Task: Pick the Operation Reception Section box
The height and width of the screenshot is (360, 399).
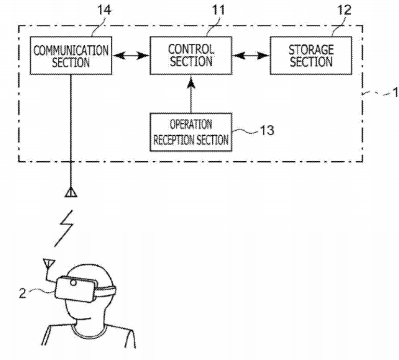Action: tap(190, 132)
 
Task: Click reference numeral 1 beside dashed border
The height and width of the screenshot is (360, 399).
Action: tap(395, 94)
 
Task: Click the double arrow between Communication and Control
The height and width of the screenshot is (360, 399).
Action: tap(130, 55)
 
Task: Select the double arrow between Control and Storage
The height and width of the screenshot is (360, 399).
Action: tap(250, 55)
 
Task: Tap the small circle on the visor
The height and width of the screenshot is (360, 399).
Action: tap(74, 284)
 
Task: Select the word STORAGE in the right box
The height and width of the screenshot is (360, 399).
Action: tap(311, 50)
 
